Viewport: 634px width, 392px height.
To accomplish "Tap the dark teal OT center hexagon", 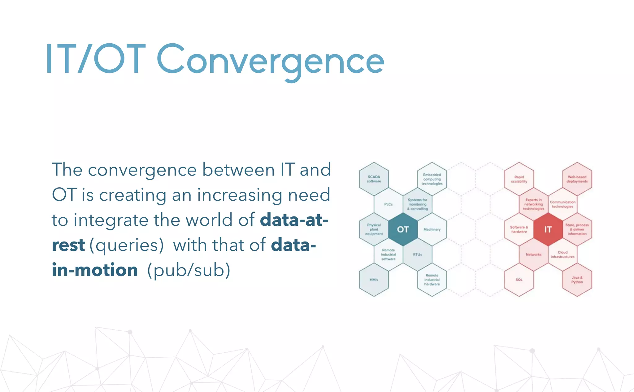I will point(403,229).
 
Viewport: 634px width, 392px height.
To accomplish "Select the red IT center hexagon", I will point(548,229).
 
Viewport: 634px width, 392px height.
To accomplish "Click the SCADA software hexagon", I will point(374,179).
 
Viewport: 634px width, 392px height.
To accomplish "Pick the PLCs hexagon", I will point(388,204).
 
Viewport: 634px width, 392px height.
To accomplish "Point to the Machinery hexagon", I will point(432,229).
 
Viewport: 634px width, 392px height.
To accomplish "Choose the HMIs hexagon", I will point(374,280).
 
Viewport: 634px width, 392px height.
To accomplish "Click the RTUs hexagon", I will point(417,255).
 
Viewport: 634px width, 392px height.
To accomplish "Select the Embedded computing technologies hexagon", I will point(432,179).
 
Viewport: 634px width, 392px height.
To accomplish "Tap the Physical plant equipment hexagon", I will point(374,229).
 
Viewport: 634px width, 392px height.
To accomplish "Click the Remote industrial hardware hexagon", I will point(432,280).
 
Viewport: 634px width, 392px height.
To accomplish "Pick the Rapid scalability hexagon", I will point(519,179).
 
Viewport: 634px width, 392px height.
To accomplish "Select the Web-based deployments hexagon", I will point(577,179).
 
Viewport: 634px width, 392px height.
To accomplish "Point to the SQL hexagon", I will point(519,280).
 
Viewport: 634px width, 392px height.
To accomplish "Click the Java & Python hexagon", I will point(577,280).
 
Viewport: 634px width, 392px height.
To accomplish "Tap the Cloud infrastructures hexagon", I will point(562,255).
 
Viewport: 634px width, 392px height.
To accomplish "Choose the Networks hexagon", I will point(533,255).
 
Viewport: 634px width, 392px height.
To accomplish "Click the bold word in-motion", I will point(95,270).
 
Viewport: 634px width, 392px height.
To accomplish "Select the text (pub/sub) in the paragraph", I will point(189,270).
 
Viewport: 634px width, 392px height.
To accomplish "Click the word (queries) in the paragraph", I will point(127,245).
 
